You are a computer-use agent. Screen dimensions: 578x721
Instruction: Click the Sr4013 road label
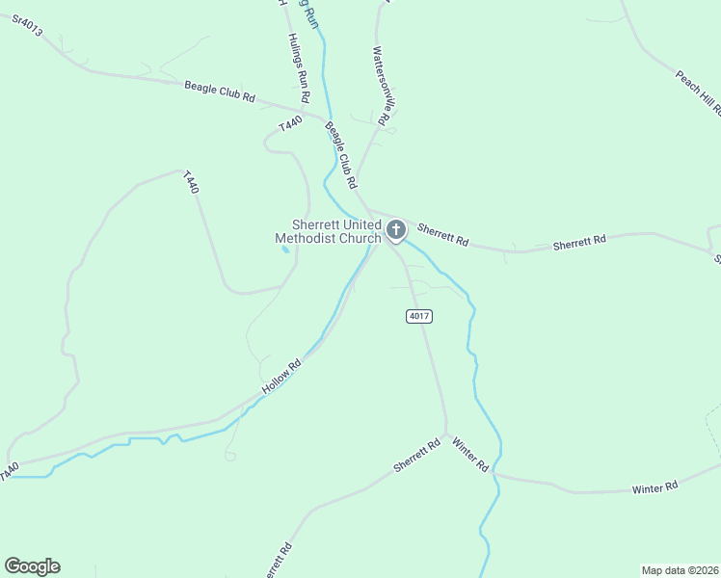(27, 27)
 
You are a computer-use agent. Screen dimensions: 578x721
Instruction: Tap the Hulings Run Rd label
(299, 68)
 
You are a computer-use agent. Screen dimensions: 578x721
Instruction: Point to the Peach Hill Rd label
(697, 92)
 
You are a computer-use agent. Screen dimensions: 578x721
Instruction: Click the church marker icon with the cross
(395, 229)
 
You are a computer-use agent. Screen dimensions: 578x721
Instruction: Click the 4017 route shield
(418, 316)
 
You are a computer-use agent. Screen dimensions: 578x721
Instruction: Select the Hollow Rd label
(281, 377)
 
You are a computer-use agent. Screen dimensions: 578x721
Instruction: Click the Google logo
(32, 566)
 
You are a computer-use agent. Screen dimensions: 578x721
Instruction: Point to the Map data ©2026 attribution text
(680, 569)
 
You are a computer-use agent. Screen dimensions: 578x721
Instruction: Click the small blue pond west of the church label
(284, 250)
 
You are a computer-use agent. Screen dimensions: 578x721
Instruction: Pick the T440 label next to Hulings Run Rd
(290, 124)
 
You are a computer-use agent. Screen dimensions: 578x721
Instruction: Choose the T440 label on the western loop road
(192, 182)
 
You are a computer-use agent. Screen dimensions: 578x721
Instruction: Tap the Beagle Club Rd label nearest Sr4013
(219, 92)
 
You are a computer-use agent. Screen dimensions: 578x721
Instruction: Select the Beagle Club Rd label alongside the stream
(342, 154)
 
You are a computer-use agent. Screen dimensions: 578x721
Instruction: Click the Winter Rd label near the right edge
(655, 488)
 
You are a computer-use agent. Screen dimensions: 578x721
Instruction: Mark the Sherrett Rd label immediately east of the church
(442, 234)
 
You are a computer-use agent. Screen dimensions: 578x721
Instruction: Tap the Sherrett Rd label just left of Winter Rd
(416, 455)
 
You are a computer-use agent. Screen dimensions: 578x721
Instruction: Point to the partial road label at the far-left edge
(9, 471)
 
